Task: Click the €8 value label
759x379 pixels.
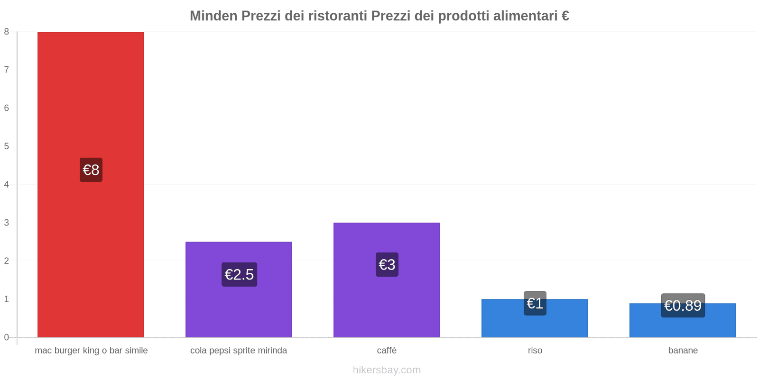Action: pos(91,170)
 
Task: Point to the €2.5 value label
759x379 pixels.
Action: pos(239,274)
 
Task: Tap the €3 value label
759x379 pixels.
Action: pos(387,264)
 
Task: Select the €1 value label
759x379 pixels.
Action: pos(535,303)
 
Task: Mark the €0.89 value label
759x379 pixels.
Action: pos(683,306)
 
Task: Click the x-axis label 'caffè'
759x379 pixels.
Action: pos(387,351)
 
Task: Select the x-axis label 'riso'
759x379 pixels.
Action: pos(535,351)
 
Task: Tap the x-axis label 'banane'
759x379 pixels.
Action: pos(683,351)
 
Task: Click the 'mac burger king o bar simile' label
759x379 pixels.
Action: pos(91,351)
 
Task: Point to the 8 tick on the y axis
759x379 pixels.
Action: pos(7,32)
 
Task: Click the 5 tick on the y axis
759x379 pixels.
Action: pos(7,146)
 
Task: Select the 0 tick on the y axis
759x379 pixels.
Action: pos(7,337)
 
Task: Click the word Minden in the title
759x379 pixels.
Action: pos(213,16)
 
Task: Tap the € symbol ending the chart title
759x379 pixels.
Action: pos(565,16)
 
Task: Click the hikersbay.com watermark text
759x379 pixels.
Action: pos(387,370)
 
